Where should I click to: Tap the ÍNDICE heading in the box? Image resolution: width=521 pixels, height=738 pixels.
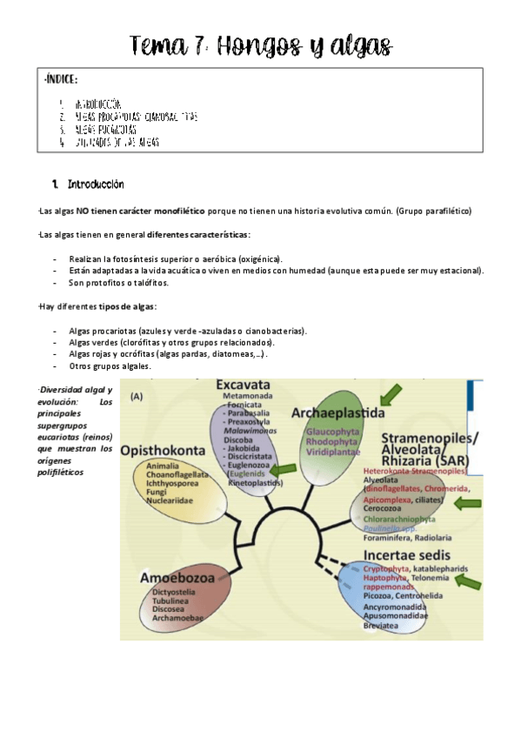pos(61,80)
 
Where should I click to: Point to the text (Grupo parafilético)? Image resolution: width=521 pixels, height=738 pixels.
pos(433,211)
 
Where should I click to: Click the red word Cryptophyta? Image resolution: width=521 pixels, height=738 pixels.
pos(387,567)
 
